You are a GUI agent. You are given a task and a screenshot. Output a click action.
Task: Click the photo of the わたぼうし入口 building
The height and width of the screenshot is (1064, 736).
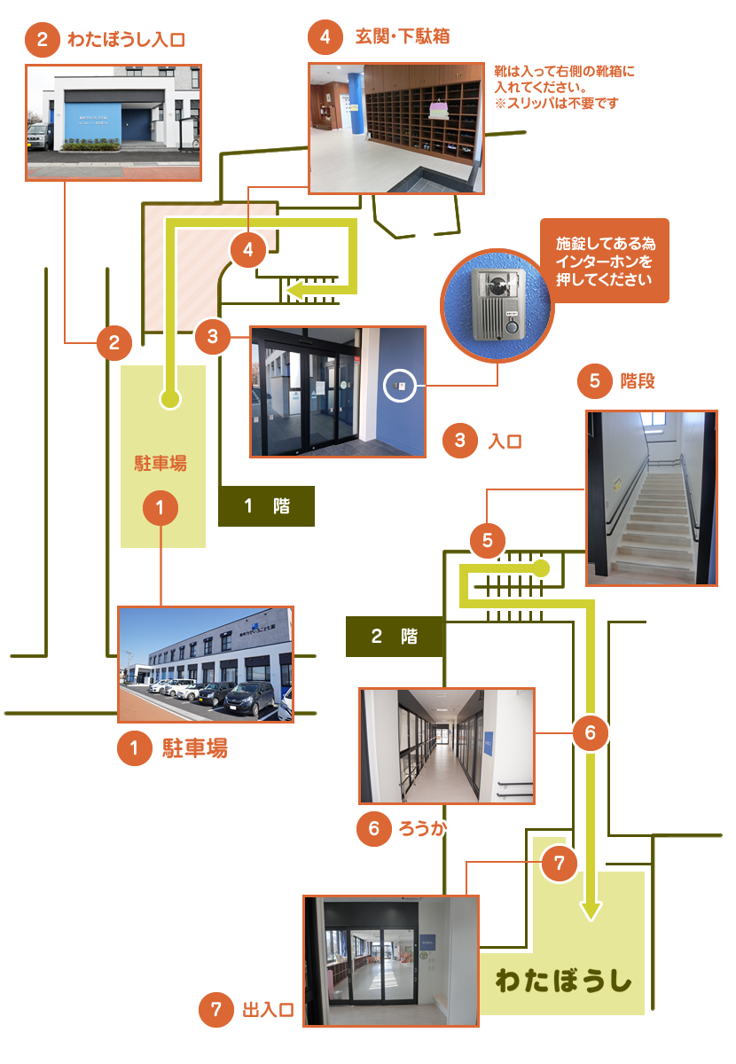click(114, 122)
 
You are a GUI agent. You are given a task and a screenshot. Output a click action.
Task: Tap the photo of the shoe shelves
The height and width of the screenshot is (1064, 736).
click(397, 128)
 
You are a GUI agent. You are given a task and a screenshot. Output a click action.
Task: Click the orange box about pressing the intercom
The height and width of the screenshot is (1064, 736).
click(605, 262)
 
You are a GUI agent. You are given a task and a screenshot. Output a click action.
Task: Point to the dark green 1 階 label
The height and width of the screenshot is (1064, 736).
click(266, 506)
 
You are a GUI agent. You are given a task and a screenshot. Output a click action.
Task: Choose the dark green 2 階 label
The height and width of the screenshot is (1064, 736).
click(394, 637)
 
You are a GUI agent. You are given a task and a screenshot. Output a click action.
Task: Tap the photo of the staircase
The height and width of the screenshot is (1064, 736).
click(651, 497)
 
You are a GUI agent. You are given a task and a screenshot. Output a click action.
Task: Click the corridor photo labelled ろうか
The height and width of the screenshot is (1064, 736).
click(447, 746)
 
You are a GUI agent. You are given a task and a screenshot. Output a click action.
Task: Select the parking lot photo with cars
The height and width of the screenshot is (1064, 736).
click(206, 664)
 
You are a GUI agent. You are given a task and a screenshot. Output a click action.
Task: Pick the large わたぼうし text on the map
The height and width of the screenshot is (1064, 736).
click(564, 982)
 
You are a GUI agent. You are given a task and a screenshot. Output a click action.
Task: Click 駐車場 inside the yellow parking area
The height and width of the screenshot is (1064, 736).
click(161, 463)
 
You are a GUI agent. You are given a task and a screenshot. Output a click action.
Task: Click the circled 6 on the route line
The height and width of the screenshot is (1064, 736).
click(591, 732)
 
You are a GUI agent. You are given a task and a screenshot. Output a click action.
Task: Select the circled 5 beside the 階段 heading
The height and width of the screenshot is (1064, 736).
click(595, 381)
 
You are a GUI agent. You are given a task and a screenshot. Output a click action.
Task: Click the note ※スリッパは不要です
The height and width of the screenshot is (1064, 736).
click(556, 103)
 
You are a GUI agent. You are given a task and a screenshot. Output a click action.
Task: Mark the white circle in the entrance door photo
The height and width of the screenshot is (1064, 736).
click(400, 386)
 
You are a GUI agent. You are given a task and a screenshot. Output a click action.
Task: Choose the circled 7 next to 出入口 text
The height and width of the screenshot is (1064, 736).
click(216, 1010)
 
